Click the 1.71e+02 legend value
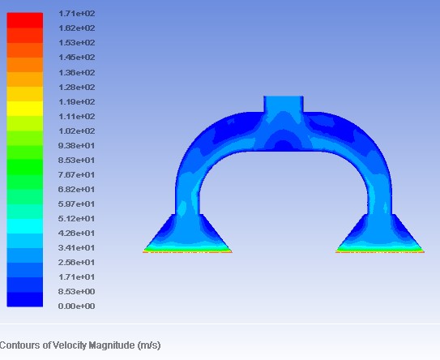(77, 14)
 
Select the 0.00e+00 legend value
(77, 306)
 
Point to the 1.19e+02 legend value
(77, 101)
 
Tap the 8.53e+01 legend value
(77, 161)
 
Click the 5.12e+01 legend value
(77, 218)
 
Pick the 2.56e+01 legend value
(77, 262)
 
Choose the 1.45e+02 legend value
(77, 58)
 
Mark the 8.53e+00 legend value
(77, 291)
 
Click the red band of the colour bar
(25, 20)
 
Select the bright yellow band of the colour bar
(25, 109)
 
